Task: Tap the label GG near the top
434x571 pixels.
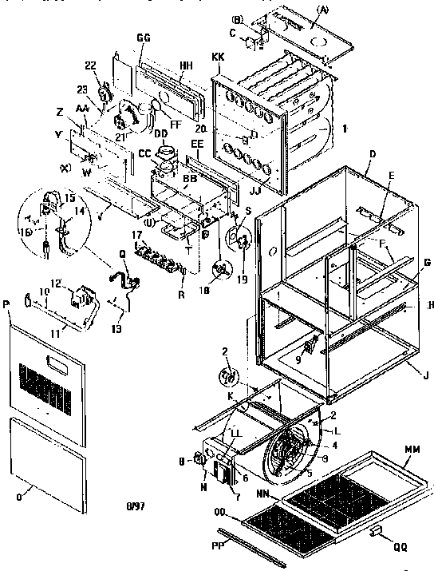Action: [x=144, y=38]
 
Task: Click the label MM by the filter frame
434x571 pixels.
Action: [x=412, y=450]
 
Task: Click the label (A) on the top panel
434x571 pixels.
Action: [x=344, y=9]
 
